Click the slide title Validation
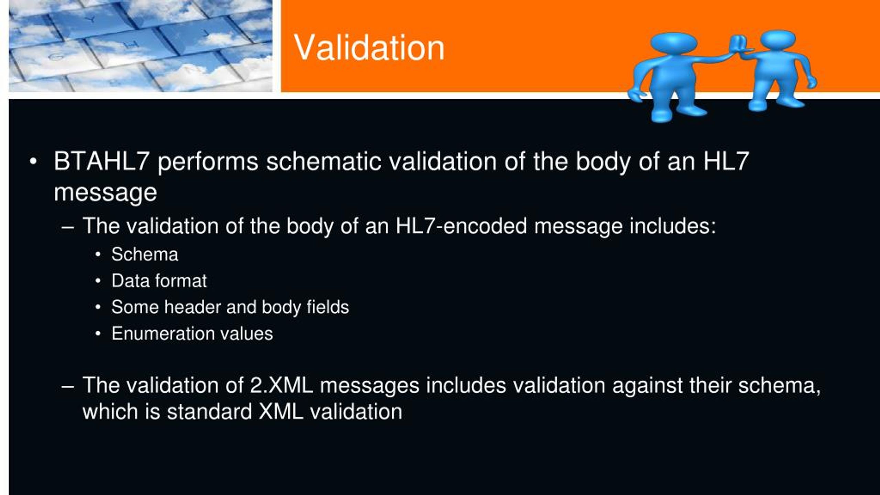(369, 48)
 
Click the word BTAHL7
(101, 161)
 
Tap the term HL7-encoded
(461, 226)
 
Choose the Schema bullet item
(145, 254)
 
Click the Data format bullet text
(159, 280)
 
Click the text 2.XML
(282, 385)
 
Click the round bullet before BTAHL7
(33, 161)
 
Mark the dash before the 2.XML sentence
(68, 386)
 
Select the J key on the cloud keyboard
(206, 34)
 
